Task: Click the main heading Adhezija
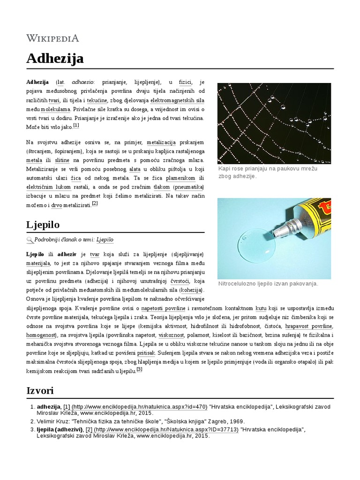55,59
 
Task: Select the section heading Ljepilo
43,224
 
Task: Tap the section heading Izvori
40,390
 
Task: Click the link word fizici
185,82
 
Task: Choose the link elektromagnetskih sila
177,100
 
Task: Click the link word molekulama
55,109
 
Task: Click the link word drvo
56,205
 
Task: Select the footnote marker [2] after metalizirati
95,203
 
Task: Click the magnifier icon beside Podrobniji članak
30,240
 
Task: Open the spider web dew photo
274,123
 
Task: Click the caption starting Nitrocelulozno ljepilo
268,284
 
